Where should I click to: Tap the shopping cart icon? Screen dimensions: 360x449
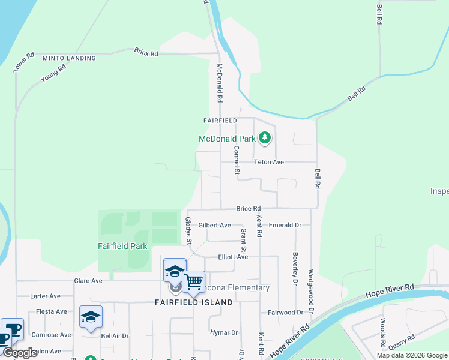(x=193, y=281)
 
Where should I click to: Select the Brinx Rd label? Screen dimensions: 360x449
(x=146, y=53)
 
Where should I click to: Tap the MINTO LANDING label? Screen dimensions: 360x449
(x=70, y=58)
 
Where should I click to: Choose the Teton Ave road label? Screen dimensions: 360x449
(x=268, y=162)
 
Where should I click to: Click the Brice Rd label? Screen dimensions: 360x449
(x=248, y=208)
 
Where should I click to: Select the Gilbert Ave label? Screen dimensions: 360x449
(x=215, y=226)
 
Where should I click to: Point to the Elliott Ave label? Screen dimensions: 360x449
(x=233, y=257)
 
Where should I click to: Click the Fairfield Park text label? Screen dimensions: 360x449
(x=122, y=246)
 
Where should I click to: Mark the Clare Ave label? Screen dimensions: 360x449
(x=88, y=280)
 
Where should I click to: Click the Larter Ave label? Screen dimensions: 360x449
(x=46, y=296)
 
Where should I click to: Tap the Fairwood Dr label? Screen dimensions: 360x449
(x=285, y=313)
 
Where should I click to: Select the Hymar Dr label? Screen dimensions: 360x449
(x=224, y=332)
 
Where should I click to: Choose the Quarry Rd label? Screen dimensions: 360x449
(x=400, y=341)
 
